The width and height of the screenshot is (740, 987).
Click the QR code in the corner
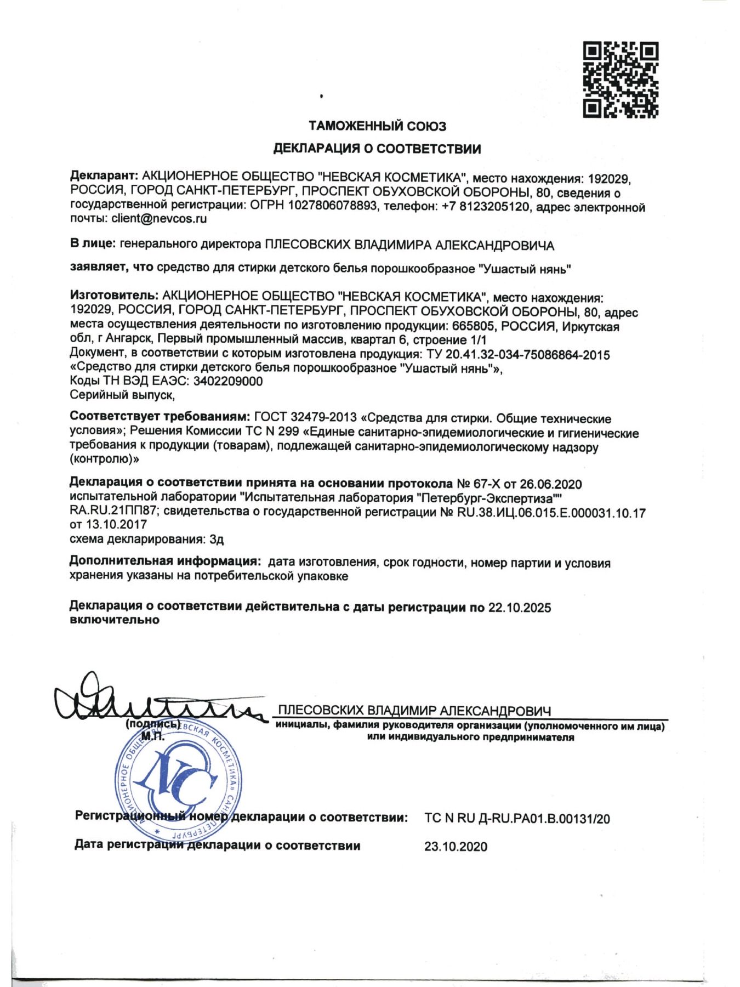tap(620, 80)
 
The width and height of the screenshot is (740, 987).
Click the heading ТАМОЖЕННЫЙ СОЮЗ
tap(377, 127)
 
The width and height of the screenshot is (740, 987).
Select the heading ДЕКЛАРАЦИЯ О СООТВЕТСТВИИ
tap(377, 149)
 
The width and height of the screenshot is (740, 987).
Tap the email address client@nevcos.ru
tap(159, 219)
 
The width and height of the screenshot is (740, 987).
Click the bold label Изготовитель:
tap(114, 297)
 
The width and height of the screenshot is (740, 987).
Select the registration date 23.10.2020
tap(456, 847)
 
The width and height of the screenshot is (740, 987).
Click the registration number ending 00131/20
tap(517, 819)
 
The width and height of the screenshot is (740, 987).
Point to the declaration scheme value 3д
tap(217, 539)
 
